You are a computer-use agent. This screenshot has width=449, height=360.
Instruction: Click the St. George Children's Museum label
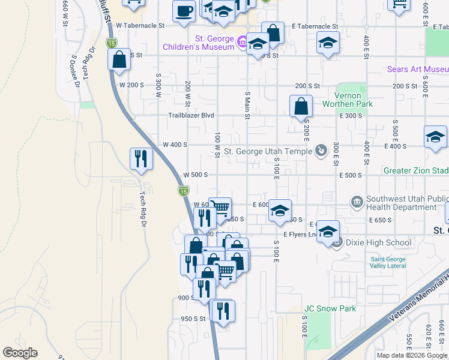point(198,42)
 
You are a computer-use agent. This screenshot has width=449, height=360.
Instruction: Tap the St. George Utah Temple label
point(268,152)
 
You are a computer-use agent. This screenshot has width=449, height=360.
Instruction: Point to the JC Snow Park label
point(330,309)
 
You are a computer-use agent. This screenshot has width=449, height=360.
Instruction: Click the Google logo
point(20,353)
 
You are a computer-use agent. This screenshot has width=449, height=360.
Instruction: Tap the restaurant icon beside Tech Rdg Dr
point(141,158)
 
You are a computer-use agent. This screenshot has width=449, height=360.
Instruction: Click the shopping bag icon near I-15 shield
point(119,59)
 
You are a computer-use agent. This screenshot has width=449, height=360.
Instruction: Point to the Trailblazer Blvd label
point(191,115)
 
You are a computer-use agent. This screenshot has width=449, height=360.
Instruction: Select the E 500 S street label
point(351,175)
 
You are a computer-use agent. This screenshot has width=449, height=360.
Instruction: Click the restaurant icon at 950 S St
point(223,310)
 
